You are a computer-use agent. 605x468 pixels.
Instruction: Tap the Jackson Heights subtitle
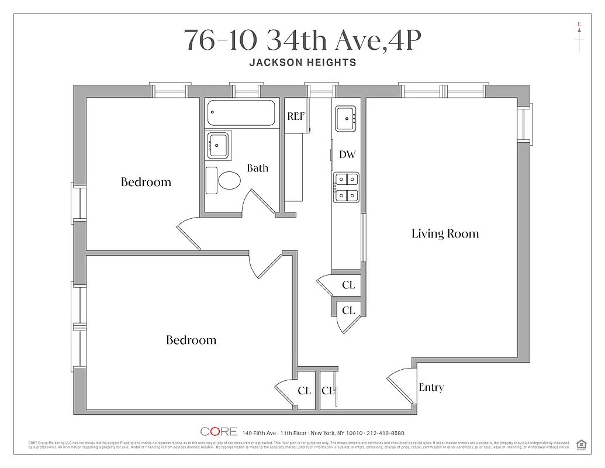tap(302, 63)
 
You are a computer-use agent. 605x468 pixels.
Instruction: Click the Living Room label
tap(445, 234)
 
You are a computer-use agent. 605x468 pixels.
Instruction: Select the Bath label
tap(257, 168)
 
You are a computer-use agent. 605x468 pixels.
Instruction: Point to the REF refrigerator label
tap(296, 116)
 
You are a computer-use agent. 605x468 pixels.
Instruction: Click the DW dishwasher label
tap(347, 155)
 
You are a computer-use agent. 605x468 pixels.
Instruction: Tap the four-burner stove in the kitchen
tap(346, 188)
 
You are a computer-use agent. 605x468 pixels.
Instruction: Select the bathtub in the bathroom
tap(241, 113)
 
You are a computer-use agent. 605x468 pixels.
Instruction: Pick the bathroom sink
tap(218, 144)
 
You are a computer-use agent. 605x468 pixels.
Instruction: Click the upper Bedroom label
tap(146, 182)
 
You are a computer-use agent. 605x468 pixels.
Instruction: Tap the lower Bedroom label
tap(191, 340)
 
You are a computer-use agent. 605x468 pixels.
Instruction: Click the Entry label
tap(431, 387)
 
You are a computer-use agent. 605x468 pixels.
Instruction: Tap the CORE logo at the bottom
tap(219, 432)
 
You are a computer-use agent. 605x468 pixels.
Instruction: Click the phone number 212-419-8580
tap(385, 433)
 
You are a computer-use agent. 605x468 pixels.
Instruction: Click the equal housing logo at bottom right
tap(581, 444)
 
